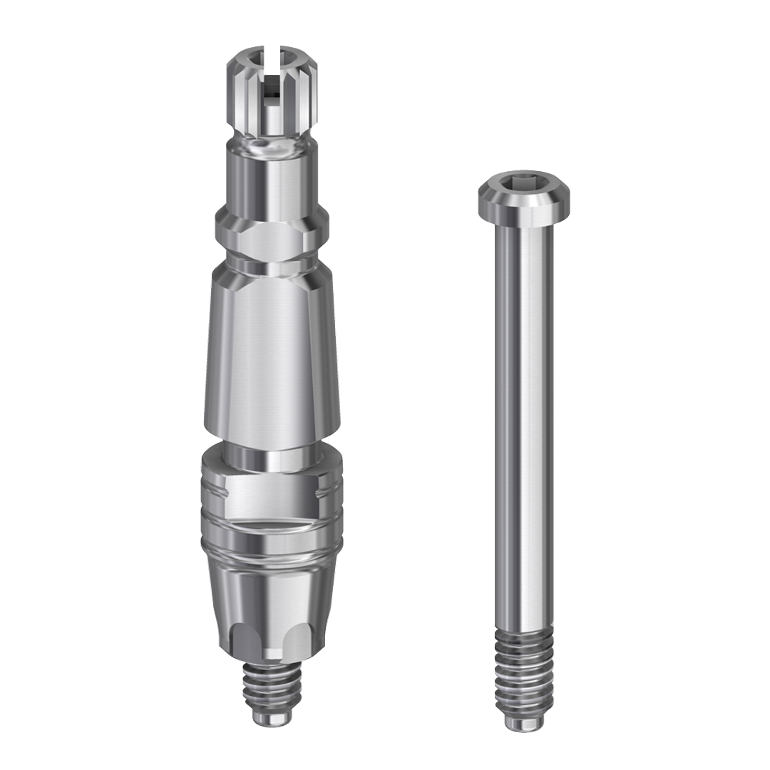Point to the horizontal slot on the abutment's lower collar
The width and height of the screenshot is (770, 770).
(x=271, y=523)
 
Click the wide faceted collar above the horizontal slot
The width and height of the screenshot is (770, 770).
(x=272, y=492)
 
